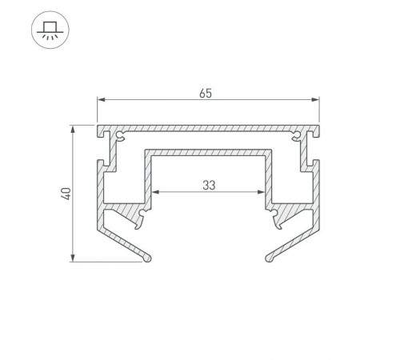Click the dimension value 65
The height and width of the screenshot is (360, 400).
tap(206, 94)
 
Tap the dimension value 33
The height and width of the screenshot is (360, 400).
tap(209, 185)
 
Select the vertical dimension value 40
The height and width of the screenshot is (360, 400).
tap(66, 194)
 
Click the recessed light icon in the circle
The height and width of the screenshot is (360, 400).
tap(50, 30)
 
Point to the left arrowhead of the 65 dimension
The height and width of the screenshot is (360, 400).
tap(101, 100)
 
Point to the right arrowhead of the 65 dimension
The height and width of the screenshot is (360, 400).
tap(315, 100)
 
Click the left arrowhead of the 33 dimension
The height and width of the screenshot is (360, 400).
tap(155, 192)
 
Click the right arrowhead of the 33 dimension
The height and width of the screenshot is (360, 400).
tap(261, 192)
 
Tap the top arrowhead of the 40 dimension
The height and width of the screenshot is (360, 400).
tap(73, 129)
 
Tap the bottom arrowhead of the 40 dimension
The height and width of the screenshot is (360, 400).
tap(73, 258)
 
